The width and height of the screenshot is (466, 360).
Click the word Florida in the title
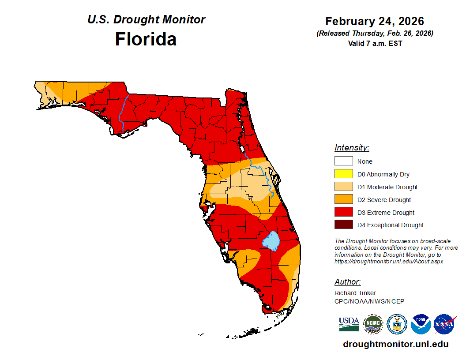click(146, 39)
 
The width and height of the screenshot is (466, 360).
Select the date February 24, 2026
click(374, 21)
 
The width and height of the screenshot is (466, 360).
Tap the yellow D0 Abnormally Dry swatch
click(343, 174)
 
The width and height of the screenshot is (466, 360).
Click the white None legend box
click(343, 161)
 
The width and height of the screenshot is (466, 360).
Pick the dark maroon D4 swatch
click(343, 225)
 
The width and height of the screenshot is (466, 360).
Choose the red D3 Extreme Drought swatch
click(343, 212)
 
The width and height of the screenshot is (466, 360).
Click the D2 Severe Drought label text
click(384, 200)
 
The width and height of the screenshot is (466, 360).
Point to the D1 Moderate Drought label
click(387, 187)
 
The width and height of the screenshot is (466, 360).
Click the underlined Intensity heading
click(352, 148)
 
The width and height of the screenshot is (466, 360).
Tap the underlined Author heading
click(347, 282)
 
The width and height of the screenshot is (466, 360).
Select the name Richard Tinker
click(355, 293)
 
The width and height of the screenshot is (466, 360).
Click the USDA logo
click(349, 324)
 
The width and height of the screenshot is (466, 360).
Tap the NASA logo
click(444, 324)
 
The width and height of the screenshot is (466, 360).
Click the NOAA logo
click(421, 324)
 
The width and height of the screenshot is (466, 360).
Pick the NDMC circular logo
click(373, 324)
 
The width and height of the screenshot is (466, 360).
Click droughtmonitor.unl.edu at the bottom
click(395, 345)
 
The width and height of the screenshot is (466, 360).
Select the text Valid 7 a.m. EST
click(374, 43)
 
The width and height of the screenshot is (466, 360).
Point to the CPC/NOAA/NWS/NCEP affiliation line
click(369, 301)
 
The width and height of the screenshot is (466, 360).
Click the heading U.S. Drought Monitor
click(146, 20)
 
